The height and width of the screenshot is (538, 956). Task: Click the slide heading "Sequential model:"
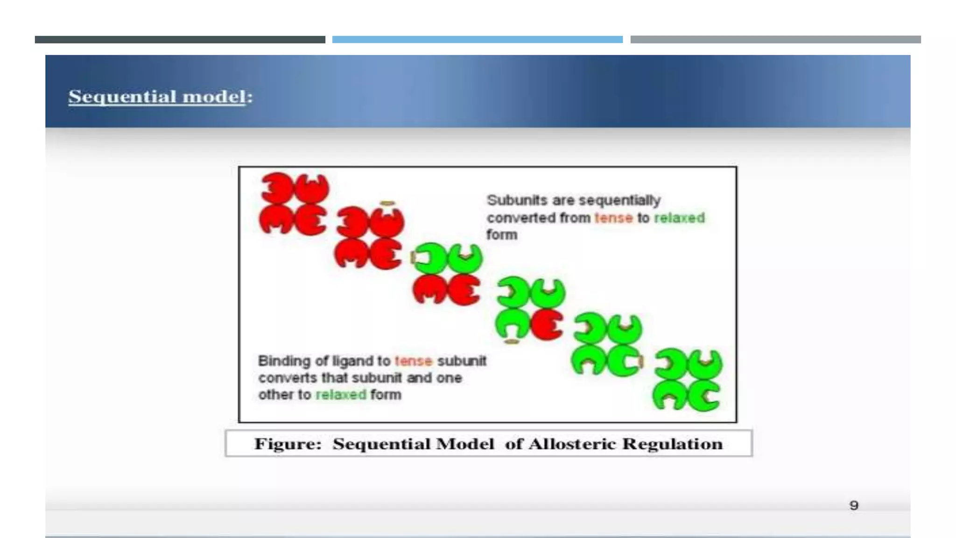point(160,97)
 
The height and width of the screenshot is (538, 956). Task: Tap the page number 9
point(854,505)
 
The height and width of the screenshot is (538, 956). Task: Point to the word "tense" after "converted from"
point(613,218)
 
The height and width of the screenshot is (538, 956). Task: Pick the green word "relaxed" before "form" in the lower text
point(341,395)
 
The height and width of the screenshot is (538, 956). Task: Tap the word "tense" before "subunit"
point(413,361)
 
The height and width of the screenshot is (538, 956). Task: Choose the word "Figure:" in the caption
point(288,444)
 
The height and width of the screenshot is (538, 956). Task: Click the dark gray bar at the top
point(180,40)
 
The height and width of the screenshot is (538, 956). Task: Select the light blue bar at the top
point(477,40)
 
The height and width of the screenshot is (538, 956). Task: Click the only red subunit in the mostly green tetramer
point(547,324)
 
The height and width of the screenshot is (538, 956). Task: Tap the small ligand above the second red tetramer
point(387,204)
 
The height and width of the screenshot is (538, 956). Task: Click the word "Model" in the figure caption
point(464,444)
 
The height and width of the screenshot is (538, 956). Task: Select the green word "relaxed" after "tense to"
point(679,218)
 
